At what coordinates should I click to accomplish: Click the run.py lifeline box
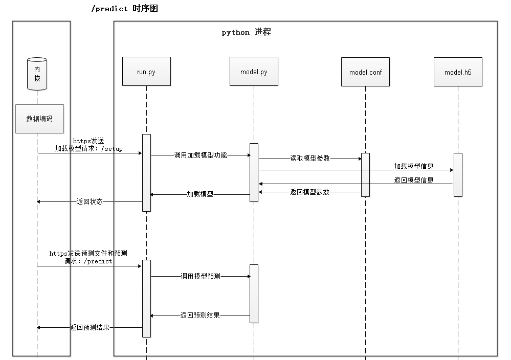pyautogui.click(x=146, y=72)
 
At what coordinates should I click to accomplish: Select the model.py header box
pyautogui.click(x=254, y=72)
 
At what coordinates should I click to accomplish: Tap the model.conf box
pyautogui.click(x=365, y=72)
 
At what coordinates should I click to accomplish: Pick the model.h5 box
pyautogui.click(x=458, y=72)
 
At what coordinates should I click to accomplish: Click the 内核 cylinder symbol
pyautogui.click(x=37, y=74)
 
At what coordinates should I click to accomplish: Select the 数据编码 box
pyautogui.click(x=39, y=119)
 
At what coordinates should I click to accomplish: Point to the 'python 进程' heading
pyautogui.click(x=246, y=32)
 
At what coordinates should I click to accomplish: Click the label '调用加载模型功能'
pyautogui.click(x=200, y=155)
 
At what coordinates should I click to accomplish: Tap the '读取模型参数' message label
pyautogui.click(x=310, y=159)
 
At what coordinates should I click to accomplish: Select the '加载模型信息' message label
pyautogui.click(x=414, y=166)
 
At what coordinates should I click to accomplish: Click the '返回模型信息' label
pyautogui.click(x=414, y=180)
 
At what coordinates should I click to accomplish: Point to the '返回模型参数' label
pyautogui.click(x=309, y=192)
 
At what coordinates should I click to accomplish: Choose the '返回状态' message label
pyautogui.click(x=90, y=201)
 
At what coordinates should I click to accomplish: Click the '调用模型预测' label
pyautogui.click(x=200, y=276)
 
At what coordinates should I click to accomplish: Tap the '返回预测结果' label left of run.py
pyautogui.click(x=90, y=327)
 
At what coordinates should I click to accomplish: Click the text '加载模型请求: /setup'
pyautogui.click(x=89, y=149)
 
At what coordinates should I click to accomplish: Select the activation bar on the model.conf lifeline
pyautogui.click(x=366, y=174)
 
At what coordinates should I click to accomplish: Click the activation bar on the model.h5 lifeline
pyautogui.click(x=458, y=174)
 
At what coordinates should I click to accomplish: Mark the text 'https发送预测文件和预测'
pyautogui.click(x=88, y=253)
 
